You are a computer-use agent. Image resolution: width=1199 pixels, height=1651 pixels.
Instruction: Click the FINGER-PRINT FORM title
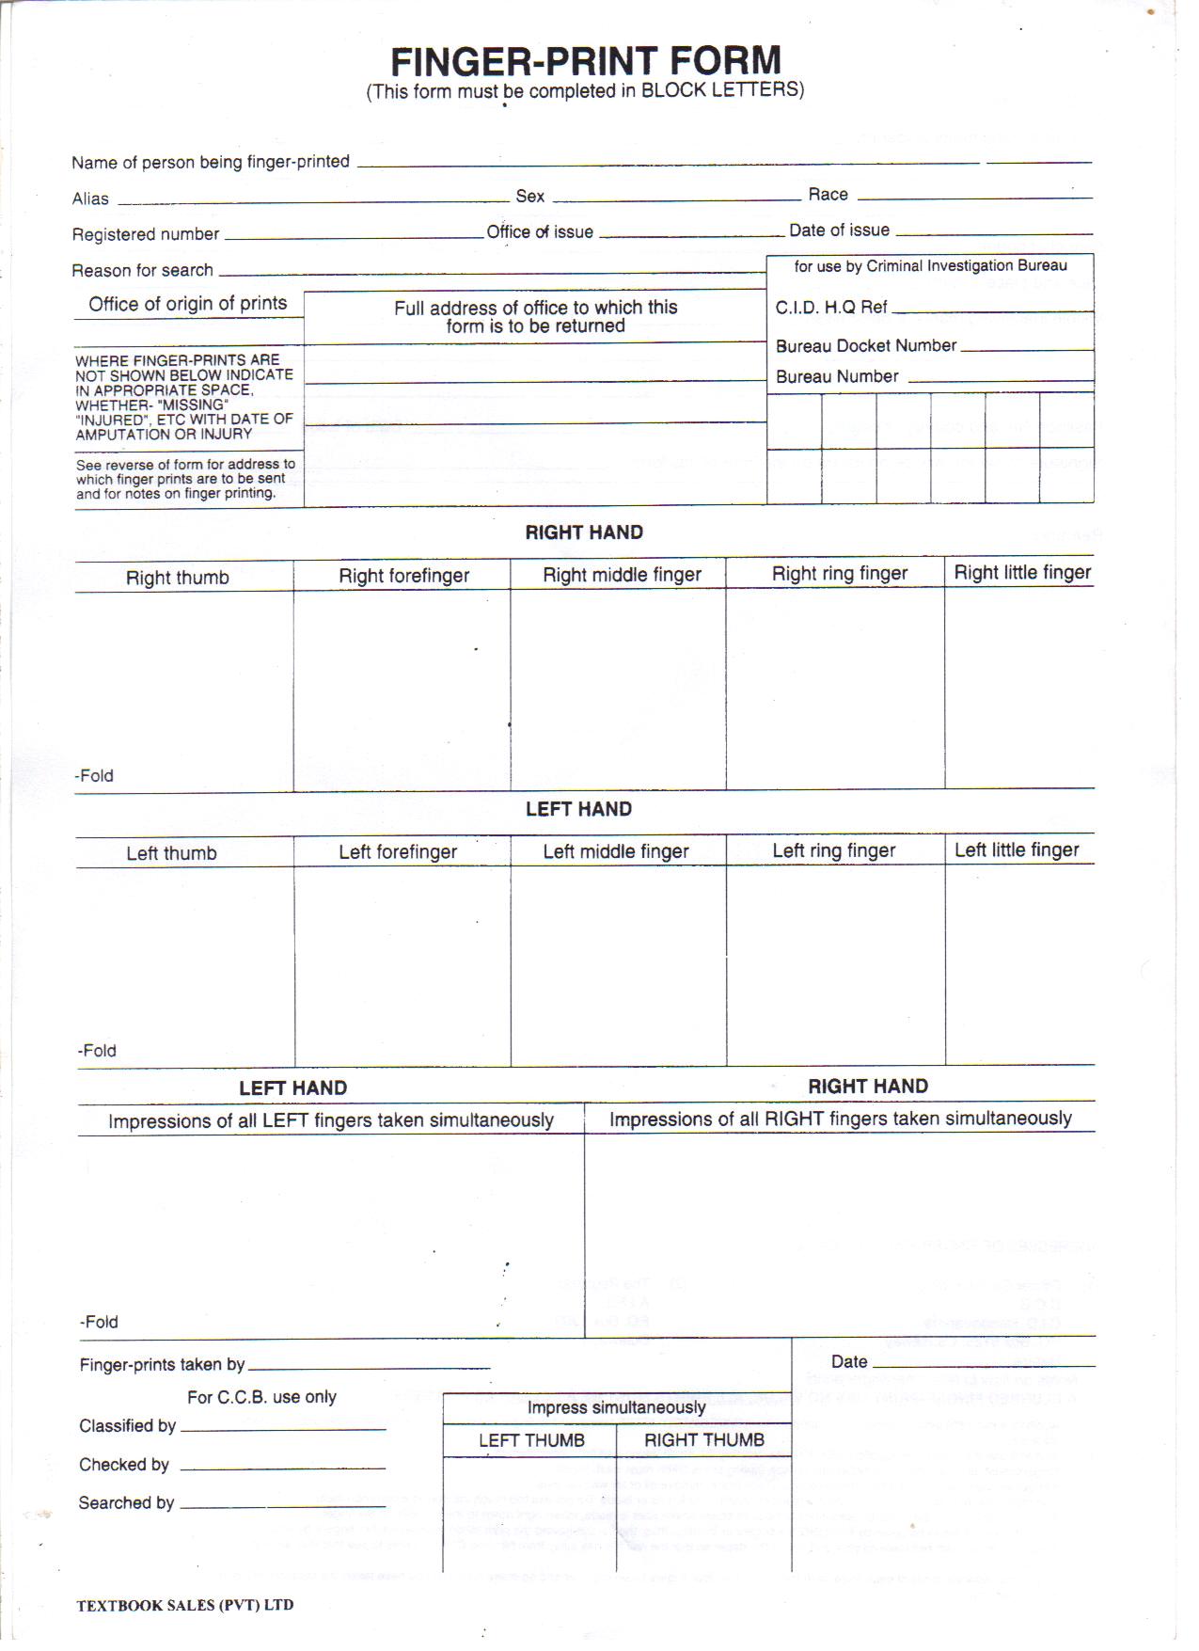(x=586, y=61)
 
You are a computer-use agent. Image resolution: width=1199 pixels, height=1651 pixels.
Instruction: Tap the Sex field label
(x=529, y=196)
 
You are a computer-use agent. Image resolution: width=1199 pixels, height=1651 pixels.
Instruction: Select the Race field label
(x=828, y=195)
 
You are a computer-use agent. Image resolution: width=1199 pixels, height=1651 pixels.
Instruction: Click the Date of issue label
(x=839, y=230)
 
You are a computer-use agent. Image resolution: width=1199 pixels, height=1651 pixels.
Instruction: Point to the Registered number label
(x=145, y=234)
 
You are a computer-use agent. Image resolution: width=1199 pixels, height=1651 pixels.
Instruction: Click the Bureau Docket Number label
(x=865, y=345)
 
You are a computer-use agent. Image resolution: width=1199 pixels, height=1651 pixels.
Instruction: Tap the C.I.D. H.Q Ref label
(x=831, y=308)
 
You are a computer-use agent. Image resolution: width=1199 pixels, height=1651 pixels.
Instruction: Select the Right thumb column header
(x=177, y=578)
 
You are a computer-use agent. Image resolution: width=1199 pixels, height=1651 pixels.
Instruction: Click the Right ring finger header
(x=839, y=573)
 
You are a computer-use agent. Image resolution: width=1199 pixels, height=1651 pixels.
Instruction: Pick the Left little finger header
(x=1016, y=849)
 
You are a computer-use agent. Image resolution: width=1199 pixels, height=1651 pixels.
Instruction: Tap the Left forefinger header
(x=397, y=852)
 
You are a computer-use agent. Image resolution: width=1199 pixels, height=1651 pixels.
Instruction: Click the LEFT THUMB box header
(x=530, y=1440)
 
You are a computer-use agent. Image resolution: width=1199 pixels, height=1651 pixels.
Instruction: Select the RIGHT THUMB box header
(x=703, y=1439)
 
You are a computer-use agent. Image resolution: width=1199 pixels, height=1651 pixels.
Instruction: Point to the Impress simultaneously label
(x=616, y=1407)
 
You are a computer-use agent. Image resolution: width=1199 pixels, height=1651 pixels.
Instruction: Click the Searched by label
(x=126, y=1502)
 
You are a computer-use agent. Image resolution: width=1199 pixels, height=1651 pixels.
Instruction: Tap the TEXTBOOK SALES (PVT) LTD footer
(x=184, y=1605)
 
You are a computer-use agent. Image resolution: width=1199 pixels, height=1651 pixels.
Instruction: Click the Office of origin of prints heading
(x=187, y=304)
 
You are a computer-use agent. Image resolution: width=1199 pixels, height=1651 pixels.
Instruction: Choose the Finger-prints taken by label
(x=162, y=1364)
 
